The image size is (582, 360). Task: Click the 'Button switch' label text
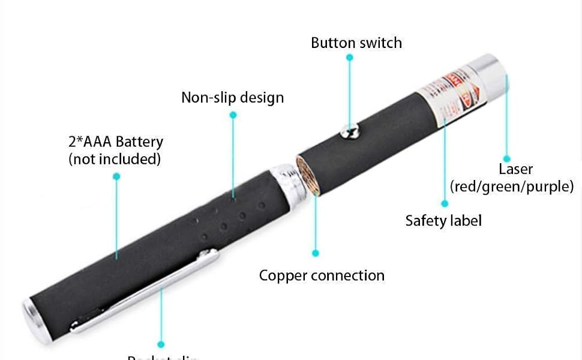(x=356, y=43)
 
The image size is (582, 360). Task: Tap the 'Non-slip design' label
(x=232, y=97)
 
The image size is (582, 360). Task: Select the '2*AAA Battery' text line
(x=115, y=142)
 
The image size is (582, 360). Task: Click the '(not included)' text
(x=115, y=159)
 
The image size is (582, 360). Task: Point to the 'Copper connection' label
(x=322, y=275)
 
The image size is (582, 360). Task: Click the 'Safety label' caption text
(x=443, y=220)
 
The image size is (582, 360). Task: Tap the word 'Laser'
(x=515, y=169)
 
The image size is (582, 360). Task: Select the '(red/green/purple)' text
(x=512, y=187)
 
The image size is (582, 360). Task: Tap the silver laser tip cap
(x=488, y=71)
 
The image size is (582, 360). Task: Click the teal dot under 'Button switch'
(x=350, y=58)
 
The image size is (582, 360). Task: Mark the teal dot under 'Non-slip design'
(x=233, y=114)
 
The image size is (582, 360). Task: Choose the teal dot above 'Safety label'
(x=445, y=204)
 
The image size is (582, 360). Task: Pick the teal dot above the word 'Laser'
(x=507, y=159)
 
